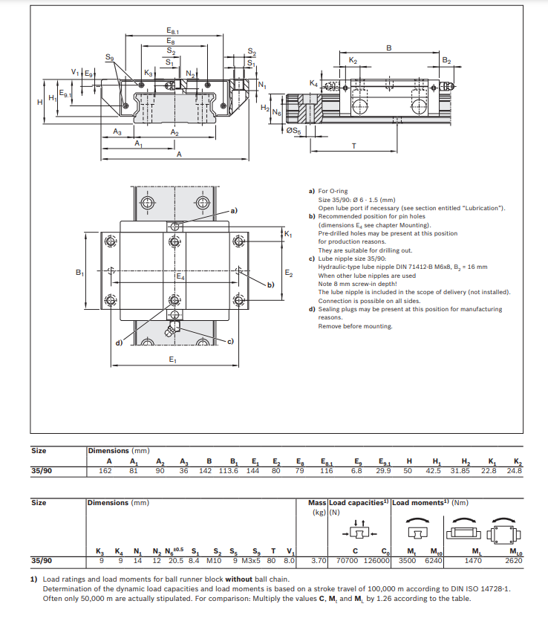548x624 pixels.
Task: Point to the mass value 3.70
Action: click(319, 561)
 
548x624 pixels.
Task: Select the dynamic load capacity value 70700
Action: click(348, 561)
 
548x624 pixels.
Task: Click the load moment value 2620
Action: click(514, 561)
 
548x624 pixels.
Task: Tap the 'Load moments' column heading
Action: click(418, 503)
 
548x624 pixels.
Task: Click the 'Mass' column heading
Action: click(317, 503)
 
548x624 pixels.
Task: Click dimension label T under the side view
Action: click(353, 146)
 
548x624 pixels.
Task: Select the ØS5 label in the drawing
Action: click(293, 131)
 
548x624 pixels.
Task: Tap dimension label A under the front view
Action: click(179, 155)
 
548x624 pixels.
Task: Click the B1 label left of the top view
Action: click(80, 273)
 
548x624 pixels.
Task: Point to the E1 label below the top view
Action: click(172, 360)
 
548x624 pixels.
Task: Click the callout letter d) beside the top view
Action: click(118, 342)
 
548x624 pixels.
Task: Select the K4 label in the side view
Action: click(313, 82)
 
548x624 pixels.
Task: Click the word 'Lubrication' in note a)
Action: click(480, 208)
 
